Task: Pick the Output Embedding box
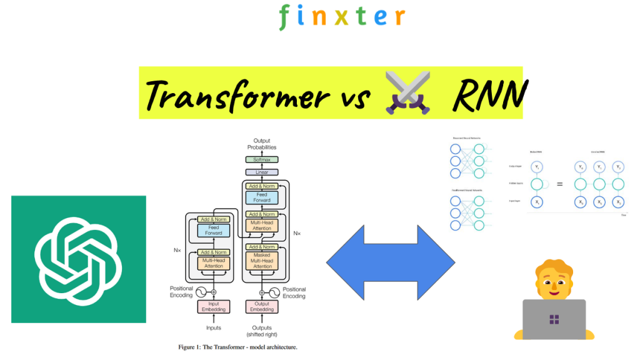(x=262, y=306)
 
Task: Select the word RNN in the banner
(x=489, y=95)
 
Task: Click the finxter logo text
(x=341, y=16)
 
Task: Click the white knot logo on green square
(x=78, y=259)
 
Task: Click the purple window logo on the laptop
(x=554, y=320)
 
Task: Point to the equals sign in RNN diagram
(x=559, y=184)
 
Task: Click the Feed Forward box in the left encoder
(x=214, y=231)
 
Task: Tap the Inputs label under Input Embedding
(x=214, y=327)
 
